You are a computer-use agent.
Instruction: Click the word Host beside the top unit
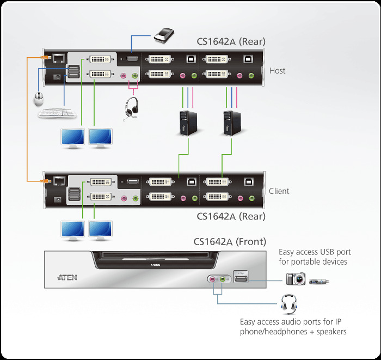(277, 71)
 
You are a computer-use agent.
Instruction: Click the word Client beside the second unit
(279, 191)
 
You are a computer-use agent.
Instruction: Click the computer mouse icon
(38, 99)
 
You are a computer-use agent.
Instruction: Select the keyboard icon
(57, 113)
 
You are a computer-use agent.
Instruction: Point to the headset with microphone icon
(130, 106)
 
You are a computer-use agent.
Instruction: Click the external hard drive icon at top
(163, 35)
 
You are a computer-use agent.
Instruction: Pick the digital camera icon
(296, 279)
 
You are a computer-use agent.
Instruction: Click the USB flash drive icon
(319, 281)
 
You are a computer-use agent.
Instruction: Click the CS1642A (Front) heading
(230, 241)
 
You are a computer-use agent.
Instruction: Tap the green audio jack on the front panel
(223, 279)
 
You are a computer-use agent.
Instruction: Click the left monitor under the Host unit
(72, 138)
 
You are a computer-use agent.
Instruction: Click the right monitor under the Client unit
(100, 229)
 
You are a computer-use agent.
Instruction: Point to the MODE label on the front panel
(155, 265)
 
